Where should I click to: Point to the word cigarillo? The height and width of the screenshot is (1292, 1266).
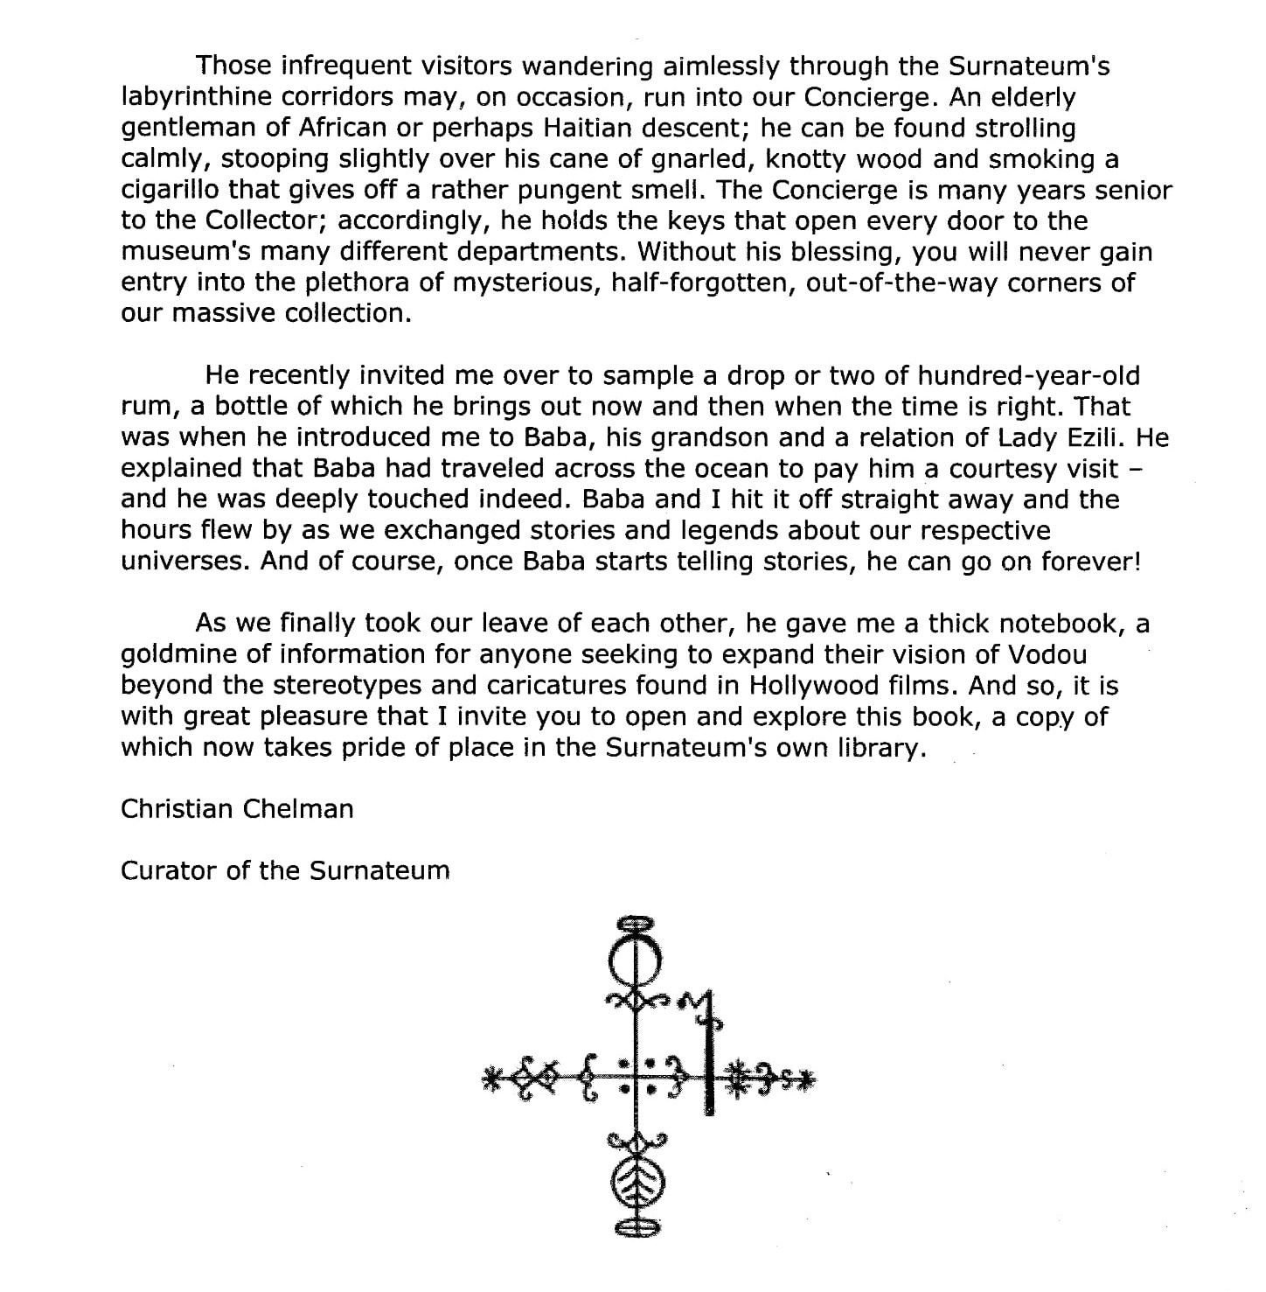[170, 190]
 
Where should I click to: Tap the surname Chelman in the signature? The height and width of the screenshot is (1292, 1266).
[298, 808]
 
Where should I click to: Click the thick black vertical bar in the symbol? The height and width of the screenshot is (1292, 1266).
[709, 1067]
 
